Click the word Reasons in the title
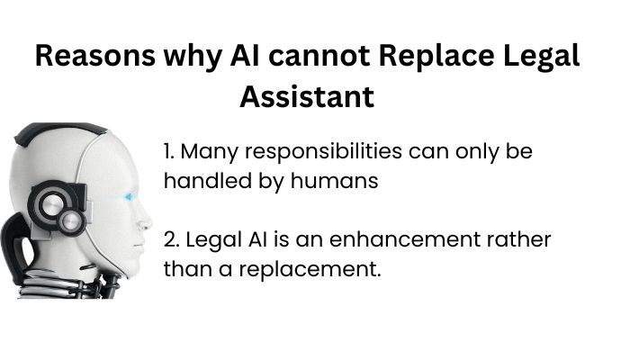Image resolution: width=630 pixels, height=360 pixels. (95, 56)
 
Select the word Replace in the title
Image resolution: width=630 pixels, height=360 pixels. (436, 57)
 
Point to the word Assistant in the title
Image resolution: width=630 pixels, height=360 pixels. (308, 97)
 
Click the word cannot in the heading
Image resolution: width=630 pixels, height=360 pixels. (319, 56)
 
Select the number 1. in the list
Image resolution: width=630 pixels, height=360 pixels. (169, 151)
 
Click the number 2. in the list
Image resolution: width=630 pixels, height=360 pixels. (172, 239)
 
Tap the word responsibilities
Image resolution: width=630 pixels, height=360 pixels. (323, 152)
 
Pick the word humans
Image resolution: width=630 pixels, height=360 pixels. (334, 181)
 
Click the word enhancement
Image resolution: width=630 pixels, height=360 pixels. (405, 239)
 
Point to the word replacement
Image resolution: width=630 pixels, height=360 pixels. (310, 270)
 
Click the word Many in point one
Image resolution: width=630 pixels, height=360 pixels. (210, 153)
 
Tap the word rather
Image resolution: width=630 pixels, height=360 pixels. (518, 239)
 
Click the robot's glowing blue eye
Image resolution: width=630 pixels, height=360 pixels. (130, 197)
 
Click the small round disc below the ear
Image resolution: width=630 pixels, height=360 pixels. (71, 221)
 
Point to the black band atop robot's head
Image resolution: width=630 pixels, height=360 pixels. (60, 130)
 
